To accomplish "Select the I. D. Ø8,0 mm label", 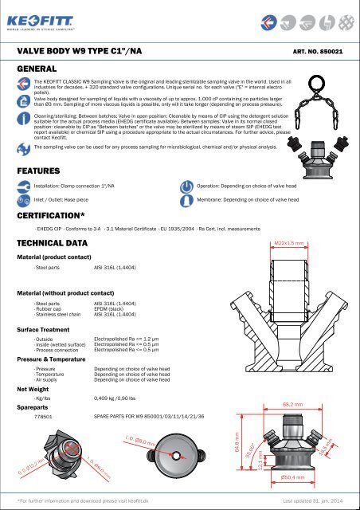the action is (142, 439).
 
